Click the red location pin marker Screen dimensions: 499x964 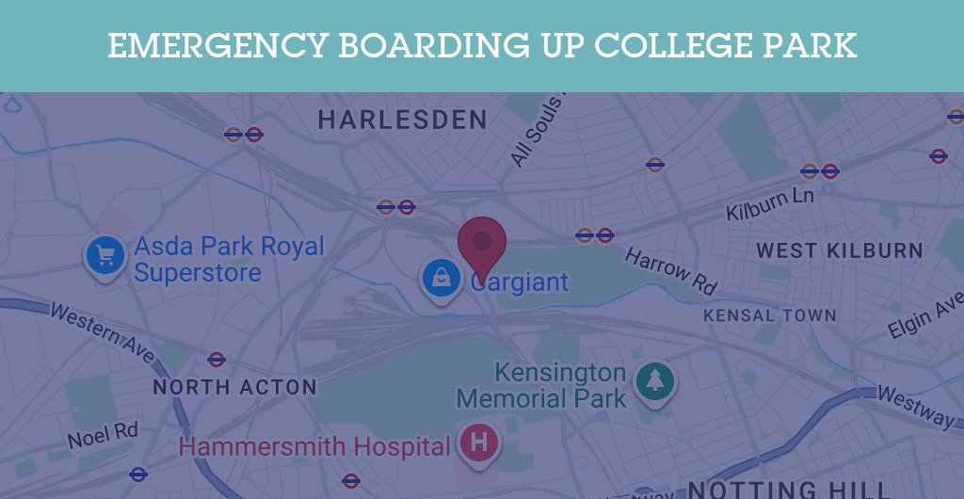(x=482, y=243)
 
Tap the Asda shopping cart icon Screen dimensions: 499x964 (x=105, y=254)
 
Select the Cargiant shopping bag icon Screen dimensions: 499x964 (x=440, y=277)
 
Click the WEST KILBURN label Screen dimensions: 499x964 (x=840, y=250)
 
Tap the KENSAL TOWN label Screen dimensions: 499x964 (x=769, y=315)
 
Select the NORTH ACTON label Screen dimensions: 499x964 (x=234, y=387)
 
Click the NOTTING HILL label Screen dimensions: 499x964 (x=789, y=489)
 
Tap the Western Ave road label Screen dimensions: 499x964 (x=102, y=332)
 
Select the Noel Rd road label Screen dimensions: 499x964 (x=103, y=436)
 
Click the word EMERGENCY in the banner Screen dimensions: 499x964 (x=215, y=45)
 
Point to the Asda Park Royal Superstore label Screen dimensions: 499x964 (x=229, y=260)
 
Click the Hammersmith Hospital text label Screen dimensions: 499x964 (x=314, y=446)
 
